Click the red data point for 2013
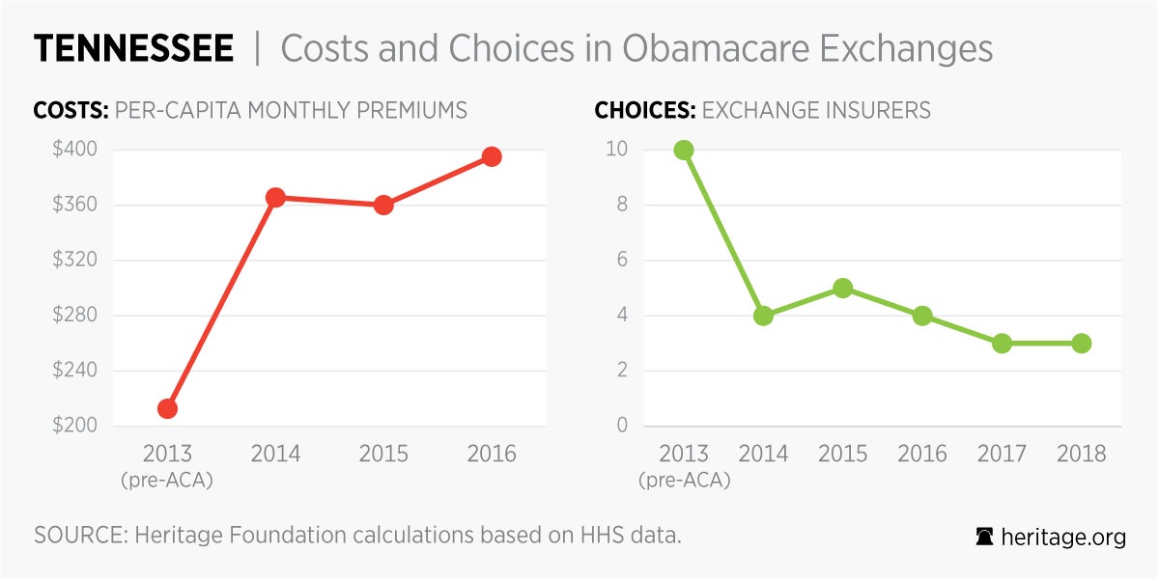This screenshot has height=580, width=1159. (167, 408)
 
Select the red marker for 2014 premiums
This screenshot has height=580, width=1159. (275, 198)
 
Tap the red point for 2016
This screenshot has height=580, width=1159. (492, 156)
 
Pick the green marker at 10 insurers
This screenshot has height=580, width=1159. (684, 150)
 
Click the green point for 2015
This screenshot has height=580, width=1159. (842, 288)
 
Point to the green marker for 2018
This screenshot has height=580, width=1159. (1081, 343)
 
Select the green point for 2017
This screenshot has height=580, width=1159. (1002, 343)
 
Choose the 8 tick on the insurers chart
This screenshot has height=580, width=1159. (623, 205)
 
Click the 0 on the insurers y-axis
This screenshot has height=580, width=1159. (623, 426)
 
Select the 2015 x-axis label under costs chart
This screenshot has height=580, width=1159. (383, 454)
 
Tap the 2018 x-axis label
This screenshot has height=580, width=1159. (1081, 454)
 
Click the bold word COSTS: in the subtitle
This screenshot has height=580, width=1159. (71, 110)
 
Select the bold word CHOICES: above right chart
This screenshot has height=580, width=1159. (644, 110)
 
